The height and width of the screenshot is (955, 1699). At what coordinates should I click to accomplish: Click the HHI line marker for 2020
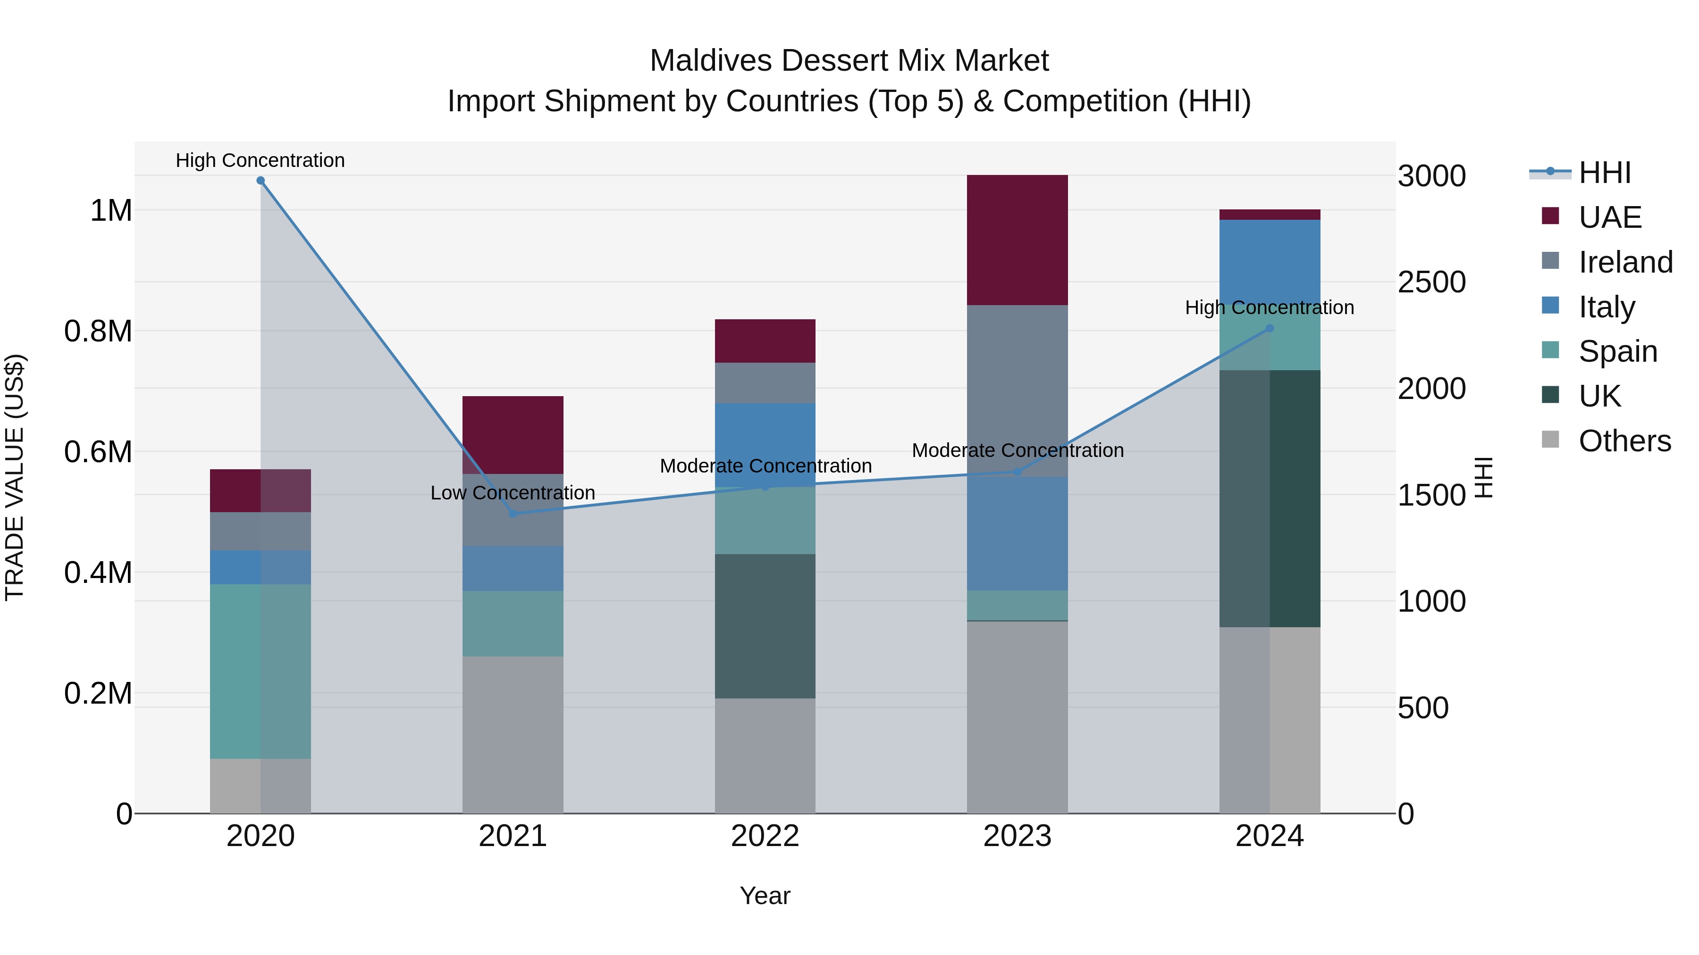pos(261,181)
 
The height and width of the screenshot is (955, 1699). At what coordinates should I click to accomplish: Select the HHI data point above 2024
pos(1270,328)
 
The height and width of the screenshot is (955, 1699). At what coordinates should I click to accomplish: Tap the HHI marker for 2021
pos(513,514)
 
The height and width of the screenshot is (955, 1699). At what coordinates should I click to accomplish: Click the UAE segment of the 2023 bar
pos(1017,240)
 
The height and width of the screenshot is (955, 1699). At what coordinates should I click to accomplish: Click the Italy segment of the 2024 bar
pos(1270,264)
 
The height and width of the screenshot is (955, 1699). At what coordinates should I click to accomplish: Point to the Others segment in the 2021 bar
pos(513,734)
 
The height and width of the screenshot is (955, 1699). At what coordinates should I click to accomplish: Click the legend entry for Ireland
pos(1625,262)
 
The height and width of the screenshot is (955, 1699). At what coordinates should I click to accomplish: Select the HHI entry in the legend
pos(1604,173)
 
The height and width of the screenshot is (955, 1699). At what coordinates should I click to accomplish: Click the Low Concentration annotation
pos(513,493)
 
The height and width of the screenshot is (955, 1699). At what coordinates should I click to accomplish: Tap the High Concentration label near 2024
pos(1269,308)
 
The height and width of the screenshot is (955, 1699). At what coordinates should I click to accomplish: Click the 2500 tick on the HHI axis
pos(1431,282)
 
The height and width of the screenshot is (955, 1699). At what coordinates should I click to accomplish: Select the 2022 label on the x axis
pos(765,836)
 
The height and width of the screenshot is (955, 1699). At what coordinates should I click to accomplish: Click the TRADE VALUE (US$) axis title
pos(15,477)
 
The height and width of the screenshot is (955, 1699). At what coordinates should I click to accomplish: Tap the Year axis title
pos(765,896)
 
